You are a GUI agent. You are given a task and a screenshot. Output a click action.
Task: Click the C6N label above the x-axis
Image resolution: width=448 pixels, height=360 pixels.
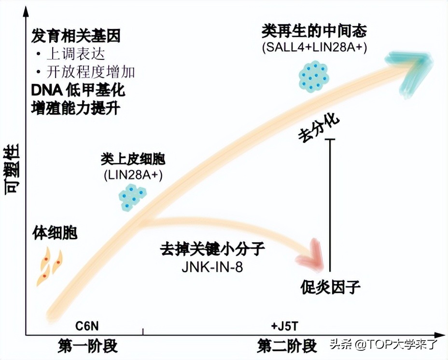pos(87,326)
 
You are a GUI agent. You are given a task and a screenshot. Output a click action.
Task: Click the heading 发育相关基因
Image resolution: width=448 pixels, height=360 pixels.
pos(76,35)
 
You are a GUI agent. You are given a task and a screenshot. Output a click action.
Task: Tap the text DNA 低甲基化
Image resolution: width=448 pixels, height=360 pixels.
pos(78,90)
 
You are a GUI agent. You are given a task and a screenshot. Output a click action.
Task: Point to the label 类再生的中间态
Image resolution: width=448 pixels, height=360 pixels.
pos(314,32)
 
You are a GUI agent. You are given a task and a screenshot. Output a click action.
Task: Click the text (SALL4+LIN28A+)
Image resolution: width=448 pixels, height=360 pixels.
pos(315,48)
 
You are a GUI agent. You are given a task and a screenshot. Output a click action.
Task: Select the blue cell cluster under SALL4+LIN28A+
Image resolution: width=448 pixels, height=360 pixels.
pos(313,76)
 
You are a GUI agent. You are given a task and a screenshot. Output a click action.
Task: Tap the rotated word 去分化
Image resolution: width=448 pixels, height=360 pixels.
pos(319,127)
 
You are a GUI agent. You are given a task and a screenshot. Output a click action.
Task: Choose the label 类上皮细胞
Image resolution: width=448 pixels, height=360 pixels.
pos(133,159)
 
